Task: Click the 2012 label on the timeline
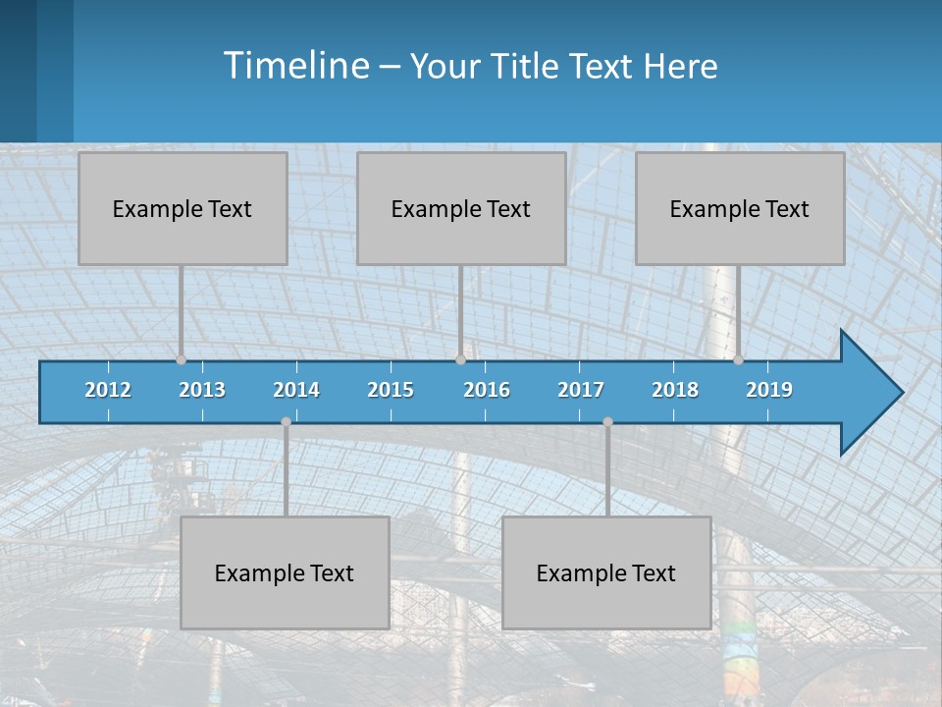tap(108, 390)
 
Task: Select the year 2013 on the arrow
tap(202, 390)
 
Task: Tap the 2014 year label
tap(296, 390)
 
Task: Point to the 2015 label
tap(391, 390)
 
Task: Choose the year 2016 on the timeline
tap(487, 390)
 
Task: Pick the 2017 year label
tap(581, 390)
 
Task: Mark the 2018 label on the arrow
tap(675, 390)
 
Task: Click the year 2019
tap(769, 390)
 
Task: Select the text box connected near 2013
tap(183, 209)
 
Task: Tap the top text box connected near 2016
tap(461, 209)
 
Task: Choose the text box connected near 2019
tap(740, 209)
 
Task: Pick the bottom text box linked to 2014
tap(285, 573)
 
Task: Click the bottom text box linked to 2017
tap(606, 573)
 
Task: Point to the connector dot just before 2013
tap(181, 359)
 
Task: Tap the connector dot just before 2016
tap(460, 359)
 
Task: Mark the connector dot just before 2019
tap(738, 359)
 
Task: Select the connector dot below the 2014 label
tap(286, 422)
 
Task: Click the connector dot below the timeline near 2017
tap(607, 422)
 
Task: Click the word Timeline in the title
tap(295, 65)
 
